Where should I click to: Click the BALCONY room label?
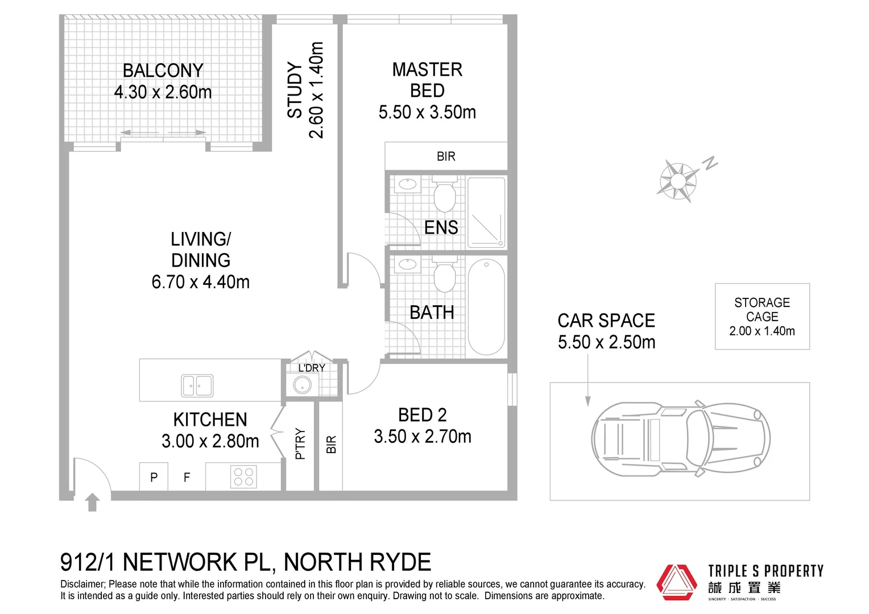[163, 70]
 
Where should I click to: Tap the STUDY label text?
[295, 90]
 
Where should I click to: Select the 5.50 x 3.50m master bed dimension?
[427, 112]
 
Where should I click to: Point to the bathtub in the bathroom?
[486, 307]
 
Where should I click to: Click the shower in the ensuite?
[486, 212]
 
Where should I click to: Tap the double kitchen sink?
[197, 385]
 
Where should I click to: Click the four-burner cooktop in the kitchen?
[243, 476]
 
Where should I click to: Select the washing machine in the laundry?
[302, 385]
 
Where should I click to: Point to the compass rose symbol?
[678, 181]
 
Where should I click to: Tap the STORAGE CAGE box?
[762, 316]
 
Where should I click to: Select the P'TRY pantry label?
[300, 444]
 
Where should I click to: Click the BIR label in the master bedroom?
[446, 156]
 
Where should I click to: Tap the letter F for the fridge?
[187, 478]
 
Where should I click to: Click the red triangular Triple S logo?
[676, 582]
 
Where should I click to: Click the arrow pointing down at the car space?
[588, 387]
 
